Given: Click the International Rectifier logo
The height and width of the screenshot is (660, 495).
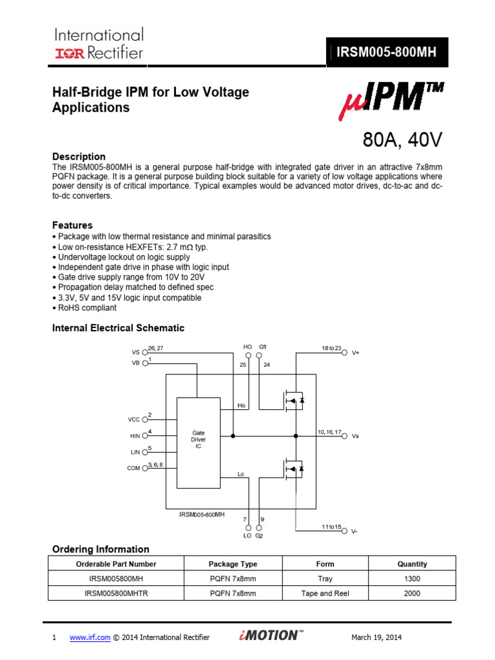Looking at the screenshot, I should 99,43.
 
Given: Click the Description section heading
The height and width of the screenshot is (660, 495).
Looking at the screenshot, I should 79,157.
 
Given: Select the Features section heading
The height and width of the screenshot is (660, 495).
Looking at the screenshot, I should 72,226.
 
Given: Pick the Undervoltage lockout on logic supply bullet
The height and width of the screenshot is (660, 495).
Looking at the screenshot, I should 123,257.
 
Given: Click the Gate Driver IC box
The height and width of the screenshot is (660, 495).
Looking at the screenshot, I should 198,440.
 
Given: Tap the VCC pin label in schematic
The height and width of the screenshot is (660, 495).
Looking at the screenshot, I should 134,420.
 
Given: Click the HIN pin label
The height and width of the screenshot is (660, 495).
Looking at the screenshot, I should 135,436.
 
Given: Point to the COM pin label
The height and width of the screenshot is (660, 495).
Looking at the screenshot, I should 134,469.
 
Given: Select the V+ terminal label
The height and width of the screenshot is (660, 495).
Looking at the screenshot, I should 355,353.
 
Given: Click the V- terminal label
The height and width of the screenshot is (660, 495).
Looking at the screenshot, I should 355,532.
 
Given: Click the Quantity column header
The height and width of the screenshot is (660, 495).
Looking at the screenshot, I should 412,564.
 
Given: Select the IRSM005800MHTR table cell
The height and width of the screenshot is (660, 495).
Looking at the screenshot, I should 116,594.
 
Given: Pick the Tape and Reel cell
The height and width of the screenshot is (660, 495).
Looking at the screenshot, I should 325,594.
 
